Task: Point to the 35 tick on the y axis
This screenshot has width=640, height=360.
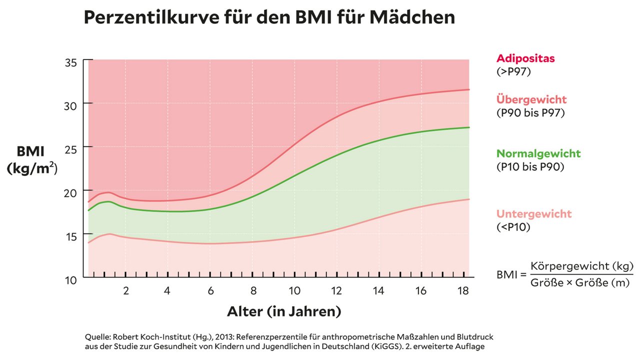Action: [70, 62]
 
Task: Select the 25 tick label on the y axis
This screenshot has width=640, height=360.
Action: [70, 147]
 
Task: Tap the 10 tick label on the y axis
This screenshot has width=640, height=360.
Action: [70, 279]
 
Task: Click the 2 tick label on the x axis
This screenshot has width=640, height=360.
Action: [126, 290]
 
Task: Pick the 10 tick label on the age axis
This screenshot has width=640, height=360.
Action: [294, 290]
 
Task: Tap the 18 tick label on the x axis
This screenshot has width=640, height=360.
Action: [463, 290]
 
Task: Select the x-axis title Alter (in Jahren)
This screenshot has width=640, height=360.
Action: [284, 311]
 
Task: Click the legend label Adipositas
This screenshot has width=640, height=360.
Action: [525, 58]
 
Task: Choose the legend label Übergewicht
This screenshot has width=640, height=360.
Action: [531, 99]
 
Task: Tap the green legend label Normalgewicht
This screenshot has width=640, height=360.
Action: [538, 153]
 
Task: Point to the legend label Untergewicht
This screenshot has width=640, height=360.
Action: [534, 214]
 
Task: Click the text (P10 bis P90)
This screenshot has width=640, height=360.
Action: [530, 167]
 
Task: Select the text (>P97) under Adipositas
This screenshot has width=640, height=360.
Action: [513, 71]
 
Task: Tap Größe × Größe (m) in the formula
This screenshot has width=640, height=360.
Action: [582, 283]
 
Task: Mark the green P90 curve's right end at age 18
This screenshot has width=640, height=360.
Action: [468, 127]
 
